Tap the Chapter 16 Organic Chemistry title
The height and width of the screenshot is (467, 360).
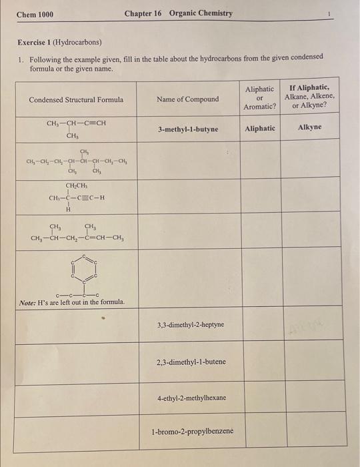pyautogui.click(x=179, y=13)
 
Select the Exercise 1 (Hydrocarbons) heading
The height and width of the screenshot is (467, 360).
pyautogui.click(x=59, y=43)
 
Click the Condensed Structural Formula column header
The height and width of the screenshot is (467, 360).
pyautogui.click(x=76, y=99)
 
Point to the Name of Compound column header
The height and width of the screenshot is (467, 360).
pyautogui.click(x=187, y=99)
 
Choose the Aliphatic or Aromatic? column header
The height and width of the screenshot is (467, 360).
pyautogui.click(x=259, y=97)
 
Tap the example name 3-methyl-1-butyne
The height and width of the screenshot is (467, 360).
pyautogui.click(x=188, y=129)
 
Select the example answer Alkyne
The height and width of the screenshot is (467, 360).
pyautogui.click(x=309, y=127)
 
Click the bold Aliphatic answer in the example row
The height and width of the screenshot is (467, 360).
pyautogui.click(x=259, y=128)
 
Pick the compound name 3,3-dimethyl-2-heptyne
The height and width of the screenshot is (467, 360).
pyautogui.click(x=191, y=325)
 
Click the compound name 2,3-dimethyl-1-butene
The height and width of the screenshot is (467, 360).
pyautogui.click(x=191, y=362)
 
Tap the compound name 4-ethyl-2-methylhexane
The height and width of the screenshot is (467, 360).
pyautogui.click(x=191, y=398)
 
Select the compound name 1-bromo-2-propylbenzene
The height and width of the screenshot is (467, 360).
pyautogui.click(x=192, y=431)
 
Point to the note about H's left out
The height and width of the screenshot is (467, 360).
pyautogui.click(x=72, y=302)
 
